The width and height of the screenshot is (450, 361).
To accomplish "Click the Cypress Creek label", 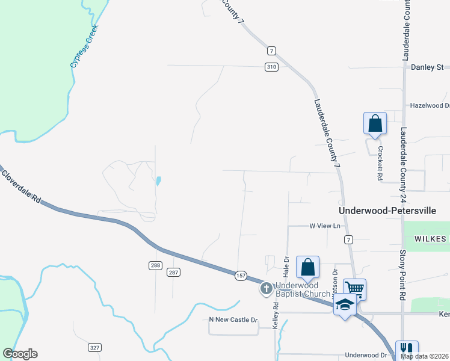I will point(84,46).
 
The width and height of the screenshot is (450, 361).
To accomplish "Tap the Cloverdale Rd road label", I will point(21,187).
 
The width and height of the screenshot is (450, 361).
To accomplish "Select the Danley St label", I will point(427,67).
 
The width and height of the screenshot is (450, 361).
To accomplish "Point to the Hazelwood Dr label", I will point(430,105).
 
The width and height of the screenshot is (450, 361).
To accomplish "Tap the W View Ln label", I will point(325,226).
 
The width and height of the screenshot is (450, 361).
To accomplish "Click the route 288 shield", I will point(155,265).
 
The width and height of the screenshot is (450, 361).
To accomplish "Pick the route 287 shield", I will point(174,272).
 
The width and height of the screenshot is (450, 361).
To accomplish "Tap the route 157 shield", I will point(241,275).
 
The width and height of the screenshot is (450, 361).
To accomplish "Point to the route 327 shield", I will point(94,347).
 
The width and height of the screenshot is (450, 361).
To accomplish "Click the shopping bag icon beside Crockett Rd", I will point(375,124).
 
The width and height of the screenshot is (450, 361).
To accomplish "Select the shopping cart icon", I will point(354,290).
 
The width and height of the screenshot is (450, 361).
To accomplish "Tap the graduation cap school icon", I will point(345,305).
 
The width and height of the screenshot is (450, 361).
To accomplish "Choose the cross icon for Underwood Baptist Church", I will point(265,289).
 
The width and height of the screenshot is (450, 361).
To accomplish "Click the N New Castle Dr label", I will point(233,320).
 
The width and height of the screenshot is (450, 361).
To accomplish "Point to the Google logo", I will point(20,354).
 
